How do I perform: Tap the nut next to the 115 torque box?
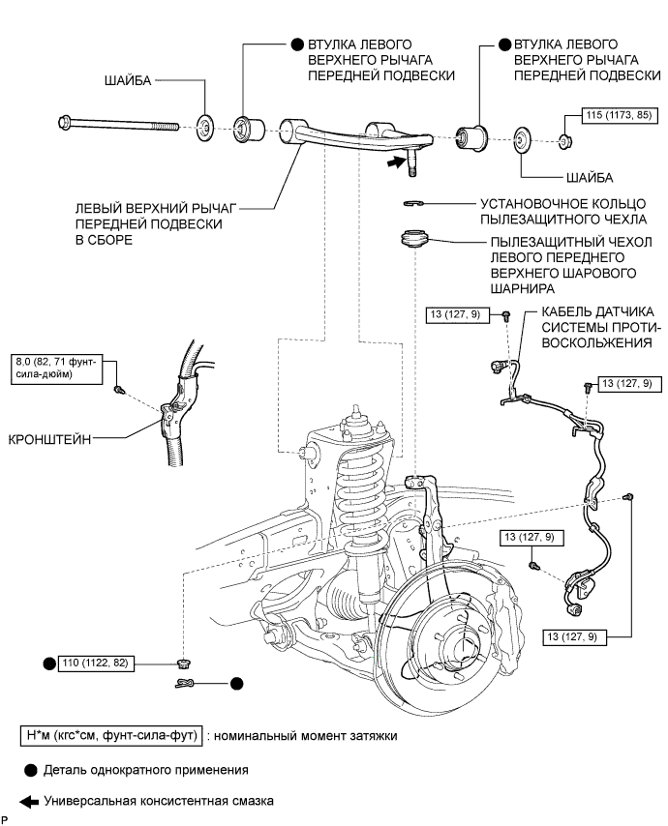(x=565, y=142)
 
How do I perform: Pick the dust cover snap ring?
(x=413, y=203)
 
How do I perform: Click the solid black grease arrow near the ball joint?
(x=390, y=165)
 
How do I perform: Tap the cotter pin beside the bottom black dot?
(x=191, y=683)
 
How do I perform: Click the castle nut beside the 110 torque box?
(x=181, y=663)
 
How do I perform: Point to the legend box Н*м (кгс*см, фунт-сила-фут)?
(x=108, y=736)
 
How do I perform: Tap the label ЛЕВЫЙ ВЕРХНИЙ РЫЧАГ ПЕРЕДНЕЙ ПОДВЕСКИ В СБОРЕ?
(x=153, y=223)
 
